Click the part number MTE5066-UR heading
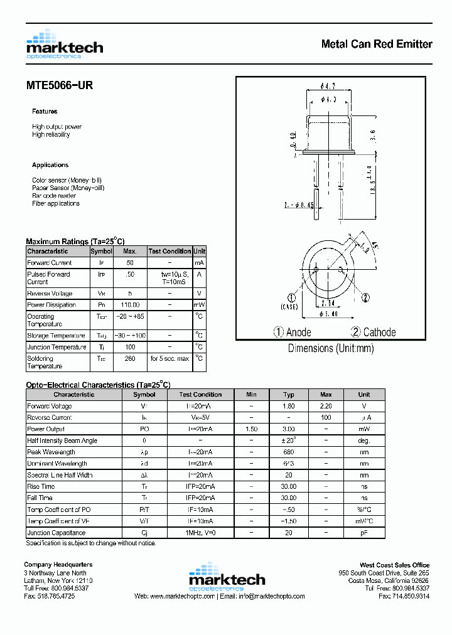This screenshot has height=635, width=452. [60, 85]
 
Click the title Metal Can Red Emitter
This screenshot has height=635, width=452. [376, 44]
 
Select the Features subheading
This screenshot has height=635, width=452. [45, 111]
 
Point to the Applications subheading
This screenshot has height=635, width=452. [50, 165]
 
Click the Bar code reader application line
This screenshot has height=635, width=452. [54, 196]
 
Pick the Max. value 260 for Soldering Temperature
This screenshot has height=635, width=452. [130, 359]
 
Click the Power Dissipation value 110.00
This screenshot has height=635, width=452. [130, 305]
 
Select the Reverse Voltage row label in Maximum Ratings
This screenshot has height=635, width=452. [50, 294]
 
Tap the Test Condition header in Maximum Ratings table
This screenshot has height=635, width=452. [169, 251]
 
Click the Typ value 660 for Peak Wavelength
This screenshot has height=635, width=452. [289, 452]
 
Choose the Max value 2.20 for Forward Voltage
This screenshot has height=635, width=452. [326, 406]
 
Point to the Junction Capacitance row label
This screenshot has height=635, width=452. [56, 533]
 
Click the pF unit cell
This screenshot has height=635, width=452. [363, 533]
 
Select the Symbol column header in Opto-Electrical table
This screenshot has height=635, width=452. [144, 395]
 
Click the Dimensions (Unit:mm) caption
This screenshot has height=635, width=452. [330, 348]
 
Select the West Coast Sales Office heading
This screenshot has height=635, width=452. [394, 565]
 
